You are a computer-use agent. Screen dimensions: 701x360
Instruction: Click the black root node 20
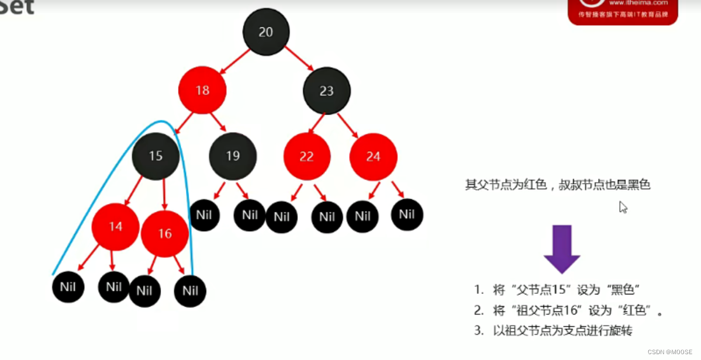coord(266,32)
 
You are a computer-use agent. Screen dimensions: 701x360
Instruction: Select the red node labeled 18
coord(202,91)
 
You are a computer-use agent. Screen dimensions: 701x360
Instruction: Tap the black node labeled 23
coord(326,91)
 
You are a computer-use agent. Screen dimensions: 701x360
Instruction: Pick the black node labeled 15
coord(156,156)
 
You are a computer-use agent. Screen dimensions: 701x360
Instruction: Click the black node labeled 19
coord(233,156)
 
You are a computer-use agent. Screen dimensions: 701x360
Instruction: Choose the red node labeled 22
coord(307,157)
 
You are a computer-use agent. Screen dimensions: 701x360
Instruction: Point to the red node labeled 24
coord(373,157)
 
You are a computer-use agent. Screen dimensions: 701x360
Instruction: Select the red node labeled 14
coord(115,226)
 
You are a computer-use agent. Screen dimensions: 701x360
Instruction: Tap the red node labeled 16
coord(165,234)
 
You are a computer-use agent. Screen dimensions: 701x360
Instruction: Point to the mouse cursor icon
coord(623,207)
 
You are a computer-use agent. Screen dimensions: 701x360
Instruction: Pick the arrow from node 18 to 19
coord(219,122)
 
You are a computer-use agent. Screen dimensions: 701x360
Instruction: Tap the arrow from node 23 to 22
coord(316,123)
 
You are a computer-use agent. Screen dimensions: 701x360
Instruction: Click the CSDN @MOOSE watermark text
coord(670,352)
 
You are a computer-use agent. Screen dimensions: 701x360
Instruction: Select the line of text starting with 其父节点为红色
coord(558,185)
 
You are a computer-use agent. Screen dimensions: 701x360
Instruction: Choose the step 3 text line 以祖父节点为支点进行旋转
coord(552,331)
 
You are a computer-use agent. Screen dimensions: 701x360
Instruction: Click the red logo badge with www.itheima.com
coord(623,12)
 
